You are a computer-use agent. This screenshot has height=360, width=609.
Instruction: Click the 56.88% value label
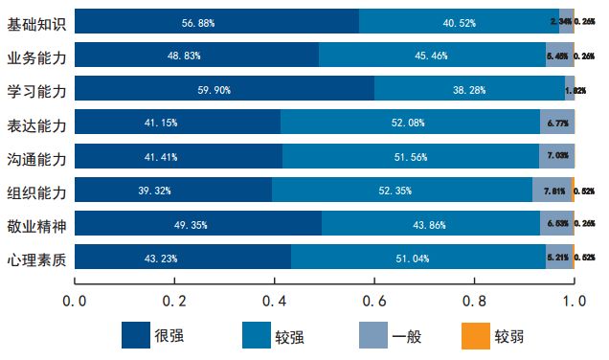pyautogui.click(x=198, y=21)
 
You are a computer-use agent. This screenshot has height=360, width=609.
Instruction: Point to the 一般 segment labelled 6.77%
pyautogui.click(x=556, y=124)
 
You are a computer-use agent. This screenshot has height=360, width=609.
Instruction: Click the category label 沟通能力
pyautogui.click(x=35, y=157)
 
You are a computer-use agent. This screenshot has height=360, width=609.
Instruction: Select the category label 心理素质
pyautogui.click(x=35, y=259)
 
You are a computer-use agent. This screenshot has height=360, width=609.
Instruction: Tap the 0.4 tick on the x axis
pyautogui.click(x=275, y=301)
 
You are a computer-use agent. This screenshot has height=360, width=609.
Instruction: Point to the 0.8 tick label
pyautogui.click(x=474, y=301)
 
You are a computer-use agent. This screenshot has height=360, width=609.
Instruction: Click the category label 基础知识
pyautogui.click(x=35, y=21)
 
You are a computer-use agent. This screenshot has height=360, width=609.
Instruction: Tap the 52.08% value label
pyautogui.click(x=410, y=124)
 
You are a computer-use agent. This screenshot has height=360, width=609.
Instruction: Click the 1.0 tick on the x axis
pyautogui.click(x=574, y=301)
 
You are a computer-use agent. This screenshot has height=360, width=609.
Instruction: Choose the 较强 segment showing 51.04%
pyautogui.click(x=418, y=259)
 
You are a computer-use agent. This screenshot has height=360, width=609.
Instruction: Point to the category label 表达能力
pyautogui.click(x=35, y=124)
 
